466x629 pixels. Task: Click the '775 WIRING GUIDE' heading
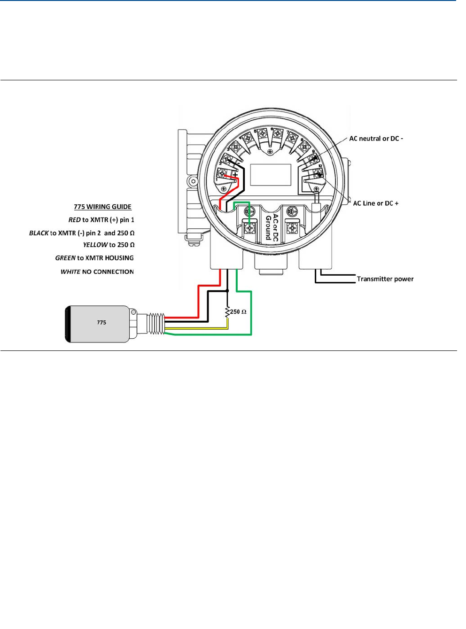(x=102, y=207)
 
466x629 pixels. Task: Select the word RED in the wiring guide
(x=74, y=220)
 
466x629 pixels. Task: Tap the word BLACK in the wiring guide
(x=39, y=233)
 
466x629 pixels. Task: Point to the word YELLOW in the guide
(x=95, y=245)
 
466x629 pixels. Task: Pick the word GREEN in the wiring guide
(x=65, y=258)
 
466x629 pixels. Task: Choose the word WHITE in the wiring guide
(x=70, y=272)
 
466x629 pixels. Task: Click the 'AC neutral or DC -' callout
(x=376, y=139)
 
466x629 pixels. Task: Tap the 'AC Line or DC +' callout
(x=375, y=203)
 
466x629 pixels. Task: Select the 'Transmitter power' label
(x=385, y=279)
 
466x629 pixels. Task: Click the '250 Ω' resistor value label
(x=238, y=312)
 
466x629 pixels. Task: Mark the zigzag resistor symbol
(x=227, y=311)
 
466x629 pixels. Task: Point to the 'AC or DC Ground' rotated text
(x=272, y=228)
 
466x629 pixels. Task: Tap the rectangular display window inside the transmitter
(x=271, y=175)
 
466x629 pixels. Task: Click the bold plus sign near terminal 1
(x=235, y=174)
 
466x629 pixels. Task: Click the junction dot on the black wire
(x=227, y=291)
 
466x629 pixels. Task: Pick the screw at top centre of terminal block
(x=270, y=152)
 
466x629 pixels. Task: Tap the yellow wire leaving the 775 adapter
(x=197, y=328)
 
